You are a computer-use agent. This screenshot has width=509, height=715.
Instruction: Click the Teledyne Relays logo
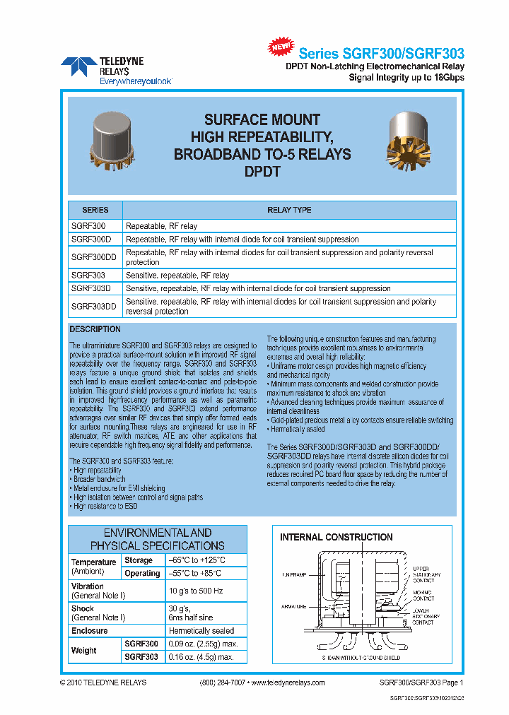[116, 70]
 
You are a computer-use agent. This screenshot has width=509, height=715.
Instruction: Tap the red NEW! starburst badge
[281, 47]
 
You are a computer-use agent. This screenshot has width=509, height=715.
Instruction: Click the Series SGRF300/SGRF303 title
[381, 54]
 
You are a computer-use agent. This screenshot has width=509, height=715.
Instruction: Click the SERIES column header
[95, 210]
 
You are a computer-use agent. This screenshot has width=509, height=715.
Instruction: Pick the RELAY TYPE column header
[288, 210]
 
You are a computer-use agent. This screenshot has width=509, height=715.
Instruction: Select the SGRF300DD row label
[95, 257]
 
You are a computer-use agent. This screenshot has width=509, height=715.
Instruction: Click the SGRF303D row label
[93, 288]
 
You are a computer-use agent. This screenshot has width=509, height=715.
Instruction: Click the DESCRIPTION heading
[95, 329]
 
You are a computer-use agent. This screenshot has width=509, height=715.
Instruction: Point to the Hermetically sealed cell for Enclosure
[201, 630]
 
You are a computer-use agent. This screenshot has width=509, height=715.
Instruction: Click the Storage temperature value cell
[196, 560]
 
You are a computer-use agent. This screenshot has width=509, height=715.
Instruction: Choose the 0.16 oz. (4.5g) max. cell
[200, 657]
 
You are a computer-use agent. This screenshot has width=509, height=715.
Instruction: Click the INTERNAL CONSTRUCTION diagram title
[337, 537]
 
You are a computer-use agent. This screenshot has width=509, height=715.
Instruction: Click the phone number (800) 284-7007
[223, 682]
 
